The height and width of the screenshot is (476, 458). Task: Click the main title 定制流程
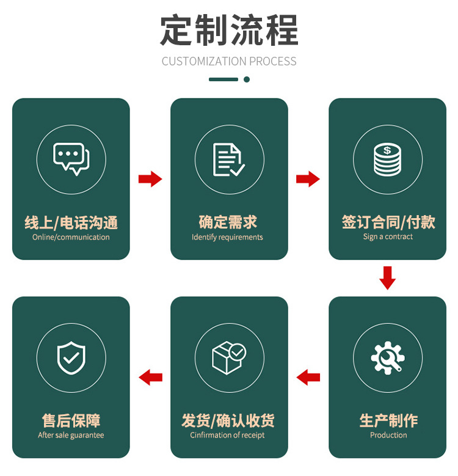click(229, 31)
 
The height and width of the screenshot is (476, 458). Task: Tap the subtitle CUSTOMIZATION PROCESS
click(229, 61)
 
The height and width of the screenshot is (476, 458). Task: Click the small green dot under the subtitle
click(247, 79)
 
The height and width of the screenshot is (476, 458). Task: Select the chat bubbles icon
click(71, 159)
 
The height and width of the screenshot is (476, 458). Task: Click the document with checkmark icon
click(229, 159)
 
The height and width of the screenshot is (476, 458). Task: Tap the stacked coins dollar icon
click(387, 159)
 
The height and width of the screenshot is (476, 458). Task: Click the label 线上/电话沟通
click(71, 222)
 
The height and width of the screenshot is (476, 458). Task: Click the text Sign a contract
click(388, 236)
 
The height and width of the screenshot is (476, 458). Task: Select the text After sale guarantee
click(71, 435)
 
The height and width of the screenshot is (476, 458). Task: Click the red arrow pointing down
click(387, 277)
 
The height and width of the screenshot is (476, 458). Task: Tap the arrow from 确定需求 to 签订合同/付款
click(308, 179)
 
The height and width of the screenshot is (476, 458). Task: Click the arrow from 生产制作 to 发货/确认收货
click(308, 378)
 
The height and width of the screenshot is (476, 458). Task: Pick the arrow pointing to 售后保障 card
click(150, 378)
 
